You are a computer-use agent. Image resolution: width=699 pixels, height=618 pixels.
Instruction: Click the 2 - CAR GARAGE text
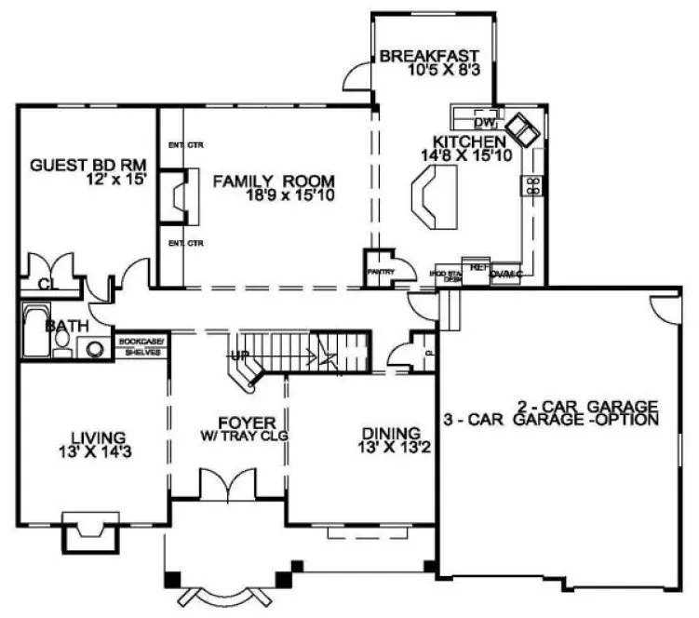pyautogui.click(x=588, y=406)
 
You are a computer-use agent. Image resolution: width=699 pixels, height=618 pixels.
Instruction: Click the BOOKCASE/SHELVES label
pyautogui.click(x=141, y=347)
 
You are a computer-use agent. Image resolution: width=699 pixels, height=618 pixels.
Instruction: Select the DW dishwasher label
pyautogui.click(x=483, y=122)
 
